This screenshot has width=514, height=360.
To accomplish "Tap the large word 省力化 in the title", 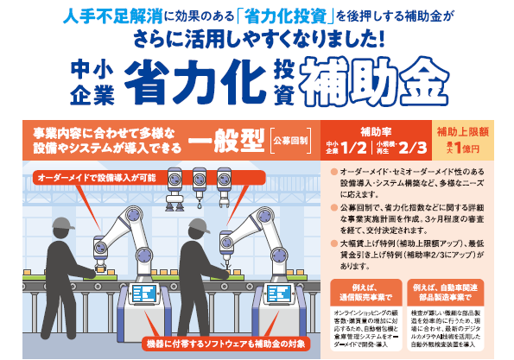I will (194, 84).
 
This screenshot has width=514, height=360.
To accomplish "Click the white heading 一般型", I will (225, 139).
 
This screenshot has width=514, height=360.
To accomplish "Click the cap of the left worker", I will (60, 229).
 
